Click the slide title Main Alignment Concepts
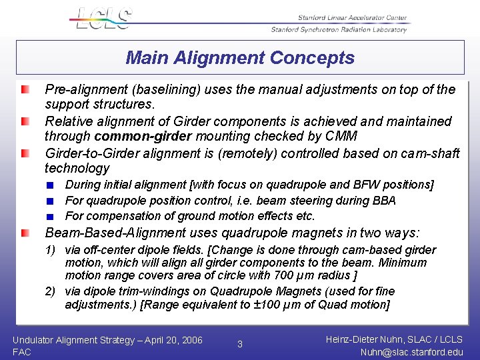[x=240, y=58]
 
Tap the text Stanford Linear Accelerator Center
[x=353, y=18]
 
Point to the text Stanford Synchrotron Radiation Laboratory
[x=339, y=29]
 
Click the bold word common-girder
[x=141, y=137]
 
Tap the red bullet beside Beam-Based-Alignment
[x=25, y=233]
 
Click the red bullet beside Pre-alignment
[x=25, y=89]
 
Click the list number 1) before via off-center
[x=51, y=250]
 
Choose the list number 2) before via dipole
[x=51, y=291]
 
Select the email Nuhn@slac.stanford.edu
[x=411, y=352]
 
